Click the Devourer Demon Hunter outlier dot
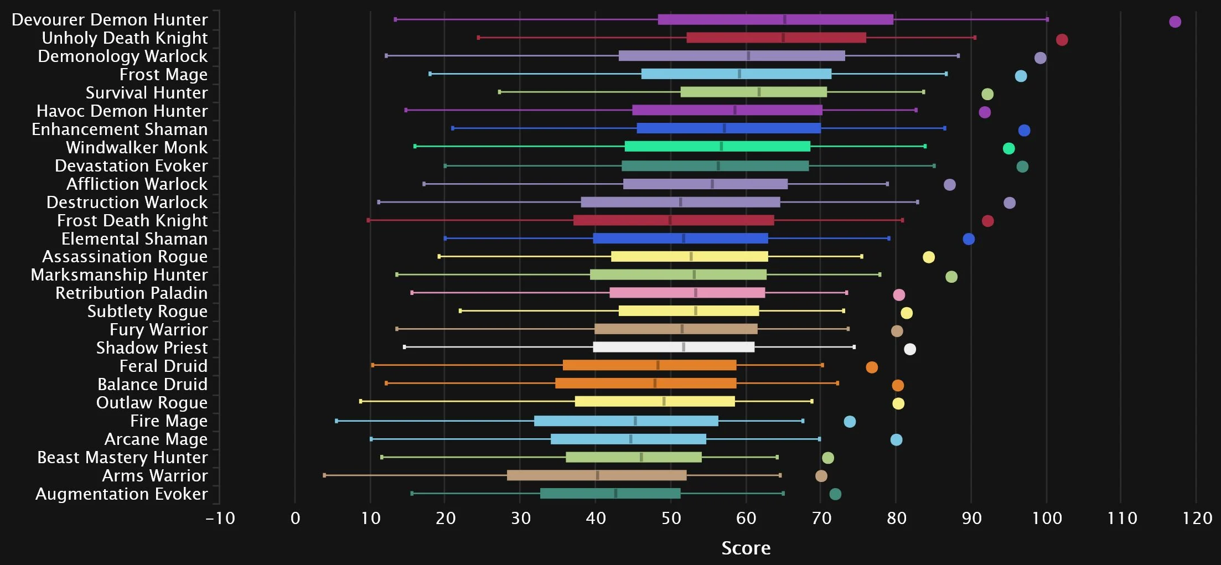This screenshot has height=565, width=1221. [1175, 22]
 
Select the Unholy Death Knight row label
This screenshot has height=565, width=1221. [125, 38]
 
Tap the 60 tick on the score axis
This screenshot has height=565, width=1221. [746, 519]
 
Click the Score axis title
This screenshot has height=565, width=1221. [746, 548]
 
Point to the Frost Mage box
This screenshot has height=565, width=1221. [736, 74]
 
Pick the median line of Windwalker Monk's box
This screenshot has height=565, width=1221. [721, 147]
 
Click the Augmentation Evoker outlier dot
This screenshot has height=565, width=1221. [835, 494]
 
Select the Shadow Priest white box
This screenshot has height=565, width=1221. [674, 347]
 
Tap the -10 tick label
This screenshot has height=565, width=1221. [220, 519]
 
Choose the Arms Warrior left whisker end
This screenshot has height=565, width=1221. [324, 475]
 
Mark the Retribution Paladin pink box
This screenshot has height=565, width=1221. [687, 293]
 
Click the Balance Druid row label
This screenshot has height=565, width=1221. [152, 384]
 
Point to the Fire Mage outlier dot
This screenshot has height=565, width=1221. [850, 422]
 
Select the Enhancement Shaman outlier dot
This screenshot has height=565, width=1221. [1024, 131]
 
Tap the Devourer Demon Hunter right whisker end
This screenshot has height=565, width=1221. [1047, 19]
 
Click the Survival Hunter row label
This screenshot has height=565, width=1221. [147, 92]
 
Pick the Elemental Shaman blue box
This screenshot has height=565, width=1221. [681, 239]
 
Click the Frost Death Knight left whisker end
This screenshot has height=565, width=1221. [369, 220]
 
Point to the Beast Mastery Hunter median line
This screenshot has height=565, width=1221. [641, 457]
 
